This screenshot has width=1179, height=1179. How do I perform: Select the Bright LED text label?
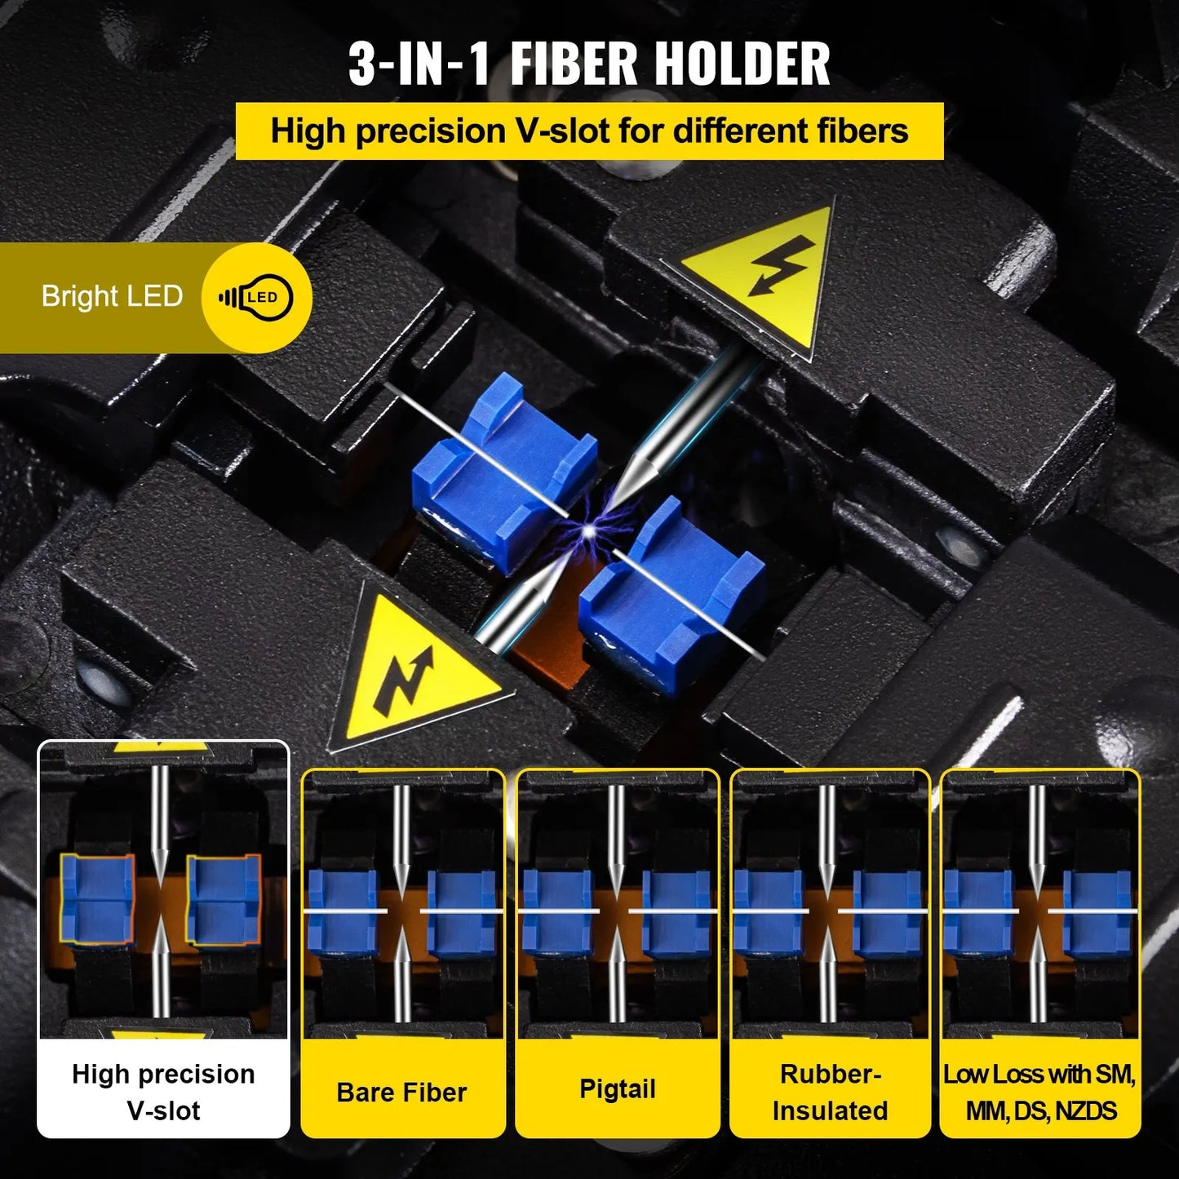pyautogui.click(x=112, y=296)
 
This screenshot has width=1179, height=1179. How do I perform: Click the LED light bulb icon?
pyautogui.click(x=255, y=298)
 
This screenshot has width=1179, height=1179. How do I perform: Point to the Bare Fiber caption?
pyautogui.click(x=401, y=1093)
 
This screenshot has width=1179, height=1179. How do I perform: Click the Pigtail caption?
pyautogui.click(x=618, y=1089)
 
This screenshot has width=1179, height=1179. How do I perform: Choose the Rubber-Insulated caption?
pyautogui.click(x=830, y=1092)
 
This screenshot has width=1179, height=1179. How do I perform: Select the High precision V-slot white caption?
pyautogui.click(x=163, y=1092)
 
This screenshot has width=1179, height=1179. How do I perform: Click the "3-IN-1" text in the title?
pyautogui.click(x=419, y=64)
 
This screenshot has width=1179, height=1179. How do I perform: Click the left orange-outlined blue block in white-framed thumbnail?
pyautogui.click(x=97, y=898)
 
